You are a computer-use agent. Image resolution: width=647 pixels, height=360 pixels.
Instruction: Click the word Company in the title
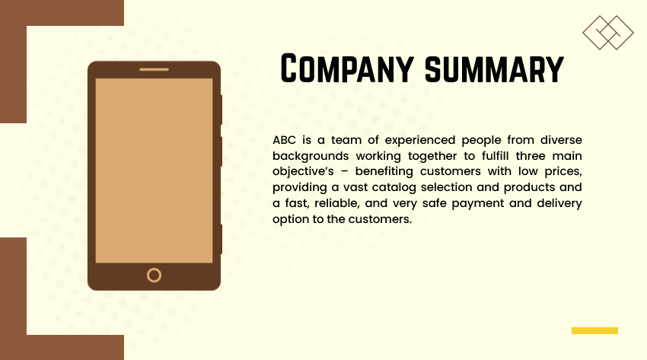tap(348, 68)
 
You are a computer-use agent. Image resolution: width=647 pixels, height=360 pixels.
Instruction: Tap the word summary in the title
tap(494, 68)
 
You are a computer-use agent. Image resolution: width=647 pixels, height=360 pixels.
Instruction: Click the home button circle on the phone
tap(154, 275)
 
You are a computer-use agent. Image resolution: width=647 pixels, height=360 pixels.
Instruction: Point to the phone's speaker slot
tap(154, 69)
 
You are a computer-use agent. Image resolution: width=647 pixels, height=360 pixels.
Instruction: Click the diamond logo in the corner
tap(608, 33)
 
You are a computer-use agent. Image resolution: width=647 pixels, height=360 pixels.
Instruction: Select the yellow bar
tap(594, 330)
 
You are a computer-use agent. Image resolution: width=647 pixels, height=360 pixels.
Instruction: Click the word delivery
tap(557, 203)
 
